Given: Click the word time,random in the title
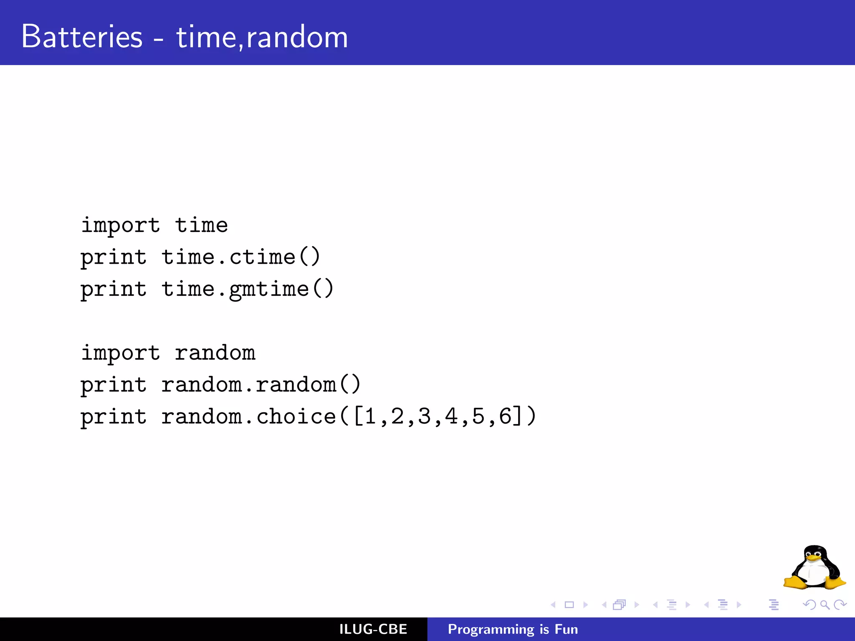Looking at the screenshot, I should click(262, 38).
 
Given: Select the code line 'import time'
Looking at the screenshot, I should click(154, 225).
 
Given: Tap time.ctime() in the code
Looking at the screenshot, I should click(241, 257).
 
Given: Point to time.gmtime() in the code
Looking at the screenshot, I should click(248, 289).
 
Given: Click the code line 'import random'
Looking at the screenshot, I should click(168, 353).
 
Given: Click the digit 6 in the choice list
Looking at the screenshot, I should click(505, 416).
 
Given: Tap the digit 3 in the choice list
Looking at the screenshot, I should click(425, 416).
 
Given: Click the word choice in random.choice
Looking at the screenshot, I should click(296, 416).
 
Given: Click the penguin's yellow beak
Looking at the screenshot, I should click(813, 558).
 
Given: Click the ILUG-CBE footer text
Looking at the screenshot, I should click(373, 629).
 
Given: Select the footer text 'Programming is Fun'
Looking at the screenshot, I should click(513, 629).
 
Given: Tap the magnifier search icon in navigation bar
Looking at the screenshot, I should click(825, 605).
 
